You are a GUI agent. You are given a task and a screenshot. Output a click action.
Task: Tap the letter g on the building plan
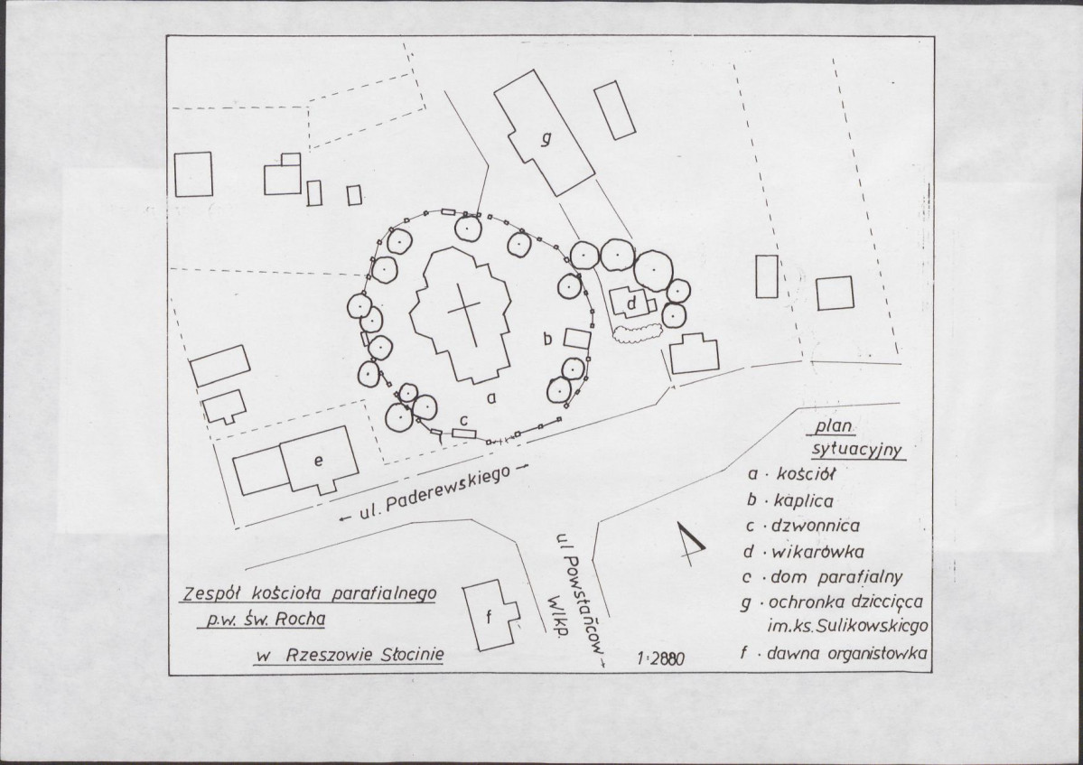(x=546, y=139)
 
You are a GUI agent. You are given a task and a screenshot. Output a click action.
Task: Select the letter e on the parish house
(x=319, y=461)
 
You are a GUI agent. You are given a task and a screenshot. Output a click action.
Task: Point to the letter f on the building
(x=489, y=617)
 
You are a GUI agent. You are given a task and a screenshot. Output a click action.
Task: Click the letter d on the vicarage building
(x=631, y=303)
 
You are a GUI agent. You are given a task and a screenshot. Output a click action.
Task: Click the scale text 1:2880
(x=661, y=658)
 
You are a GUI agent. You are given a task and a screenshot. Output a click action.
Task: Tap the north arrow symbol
(x=690, y=544)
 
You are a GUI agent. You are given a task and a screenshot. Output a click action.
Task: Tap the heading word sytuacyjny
(x=857, y=451)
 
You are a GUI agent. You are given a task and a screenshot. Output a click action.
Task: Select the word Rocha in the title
(x=300, y=619)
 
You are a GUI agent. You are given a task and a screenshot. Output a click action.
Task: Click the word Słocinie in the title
(x=413, y=654)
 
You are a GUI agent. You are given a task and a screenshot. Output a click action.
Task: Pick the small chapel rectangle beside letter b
(x=577, y=339)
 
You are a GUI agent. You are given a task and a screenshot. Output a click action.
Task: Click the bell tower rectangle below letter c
(x=465, y=434)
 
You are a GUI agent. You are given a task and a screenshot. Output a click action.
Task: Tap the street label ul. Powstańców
(x=579, y=598)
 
